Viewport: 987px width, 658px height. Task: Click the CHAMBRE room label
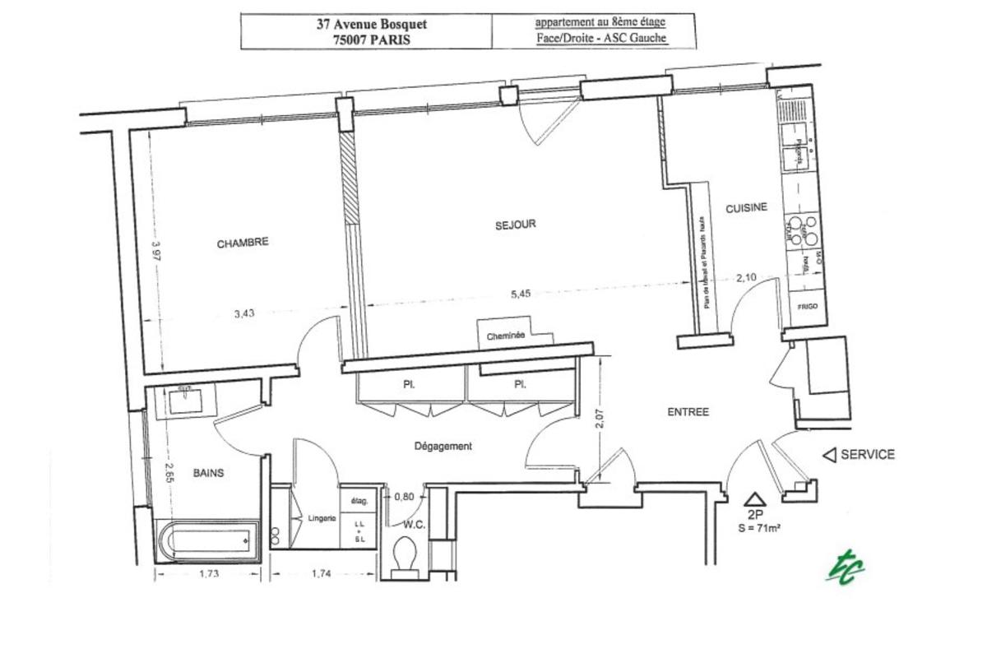[243, 243]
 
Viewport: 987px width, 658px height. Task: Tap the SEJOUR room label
[516, 225]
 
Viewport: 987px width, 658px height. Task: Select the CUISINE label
[746, 208]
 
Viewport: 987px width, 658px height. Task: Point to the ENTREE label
[688, 412]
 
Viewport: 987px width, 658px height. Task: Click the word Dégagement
[443, 447]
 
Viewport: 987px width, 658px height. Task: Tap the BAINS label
[209, 473]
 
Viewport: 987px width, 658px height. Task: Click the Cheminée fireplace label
[506, 336]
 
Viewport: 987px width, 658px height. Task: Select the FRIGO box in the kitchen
[806, 307]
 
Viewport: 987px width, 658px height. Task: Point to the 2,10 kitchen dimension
[746, 277]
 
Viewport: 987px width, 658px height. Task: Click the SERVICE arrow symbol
[830, 455]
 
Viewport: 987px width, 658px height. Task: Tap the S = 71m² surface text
[759, 529]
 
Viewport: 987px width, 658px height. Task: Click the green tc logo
[846, 568]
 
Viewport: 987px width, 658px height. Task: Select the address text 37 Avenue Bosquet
[372, 24]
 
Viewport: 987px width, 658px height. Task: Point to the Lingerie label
[322, 518]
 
